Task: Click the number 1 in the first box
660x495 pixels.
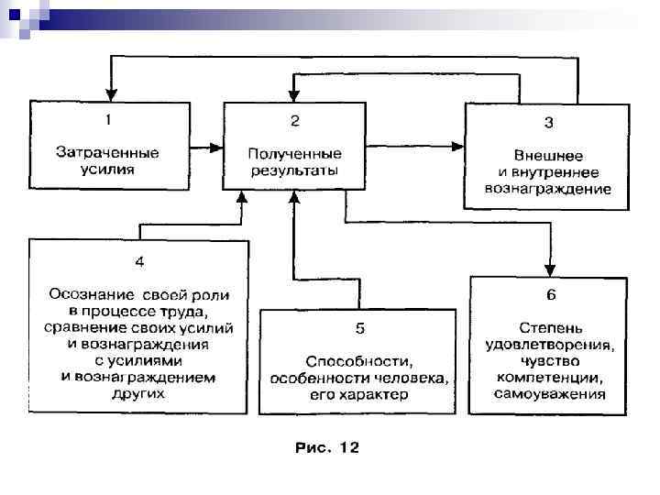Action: (x=108, y=119)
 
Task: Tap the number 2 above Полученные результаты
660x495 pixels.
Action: (x=294, y=120)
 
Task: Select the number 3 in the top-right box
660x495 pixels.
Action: (x=549, y=123)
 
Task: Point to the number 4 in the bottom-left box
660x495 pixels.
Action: (x=139, y=262)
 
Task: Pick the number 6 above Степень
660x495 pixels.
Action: (x=550, y=295)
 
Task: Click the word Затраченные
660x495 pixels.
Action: (x=108, y=151)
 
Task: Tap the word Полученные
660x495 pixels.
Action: (x=294, y=152)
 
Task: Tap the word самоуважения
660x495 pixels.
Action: (x=549, y=395)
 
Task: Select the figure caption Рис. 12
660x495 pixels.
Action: (x=327, y=448)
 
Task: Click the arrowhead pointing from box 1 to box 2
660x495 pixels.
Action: (x=218, y=145)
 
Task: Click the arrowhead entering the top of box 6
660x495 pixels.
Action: (x=549, y=269)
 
